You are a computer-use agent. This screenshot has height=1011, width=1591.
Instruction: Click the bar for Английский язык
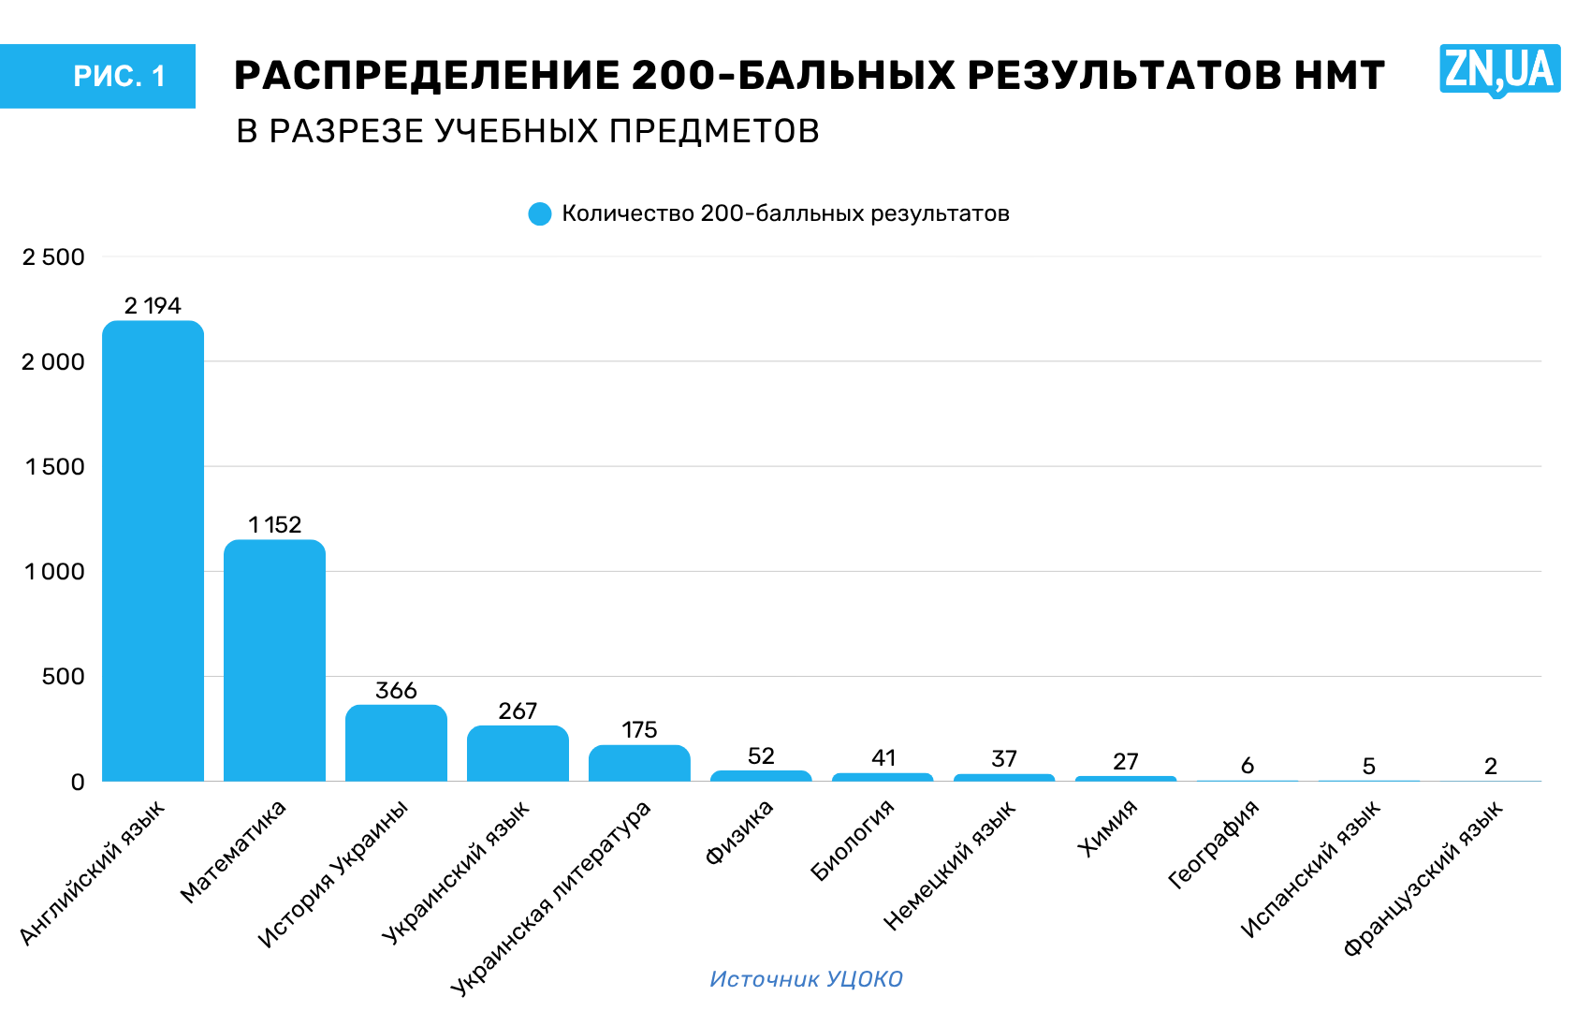(153, 550)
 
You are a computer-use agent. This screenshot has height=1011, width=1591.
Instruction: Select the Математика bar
(274, 660)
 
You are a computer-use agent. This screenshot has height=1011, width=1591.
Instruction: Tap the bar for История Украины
(396, 742)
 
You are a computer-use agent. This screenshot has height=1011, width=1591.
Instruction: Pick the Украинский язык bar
(518, 753)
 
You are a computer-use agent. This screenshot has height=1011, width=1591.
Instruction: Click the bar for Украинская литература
(639, 763)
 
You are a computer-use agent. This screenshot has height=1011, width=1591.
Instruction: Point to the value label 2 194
(153, 305)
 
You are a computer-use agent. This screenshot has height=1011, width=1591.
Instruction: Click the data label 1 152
(275, 524)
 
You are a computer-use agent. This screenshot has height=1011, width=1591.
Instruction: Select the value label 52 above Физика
(761, 756)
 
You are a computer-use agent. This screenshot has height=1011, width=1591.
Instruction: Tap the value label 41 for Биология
(883, 758)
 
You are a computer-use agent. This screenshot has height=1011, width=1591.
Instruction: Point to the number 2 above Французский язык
(1491, 766)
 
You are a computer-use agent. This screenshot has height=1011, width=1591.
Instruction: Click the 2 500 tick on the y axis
(53, 256)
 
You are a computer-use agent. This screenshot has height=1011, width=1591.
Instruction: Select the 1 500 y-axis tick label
(54, 467)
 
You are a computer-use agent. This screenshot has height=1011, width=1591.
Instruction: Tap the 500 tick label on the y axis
(64, 677)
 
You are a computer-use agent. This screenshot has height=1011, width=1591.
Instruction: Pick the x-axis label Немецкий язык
(950, 865)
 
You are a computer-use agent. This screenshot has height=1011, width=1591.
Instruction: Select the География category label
(1214, 843)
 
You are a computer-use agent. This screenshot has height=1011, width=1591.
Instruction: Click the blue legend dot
(540, 213)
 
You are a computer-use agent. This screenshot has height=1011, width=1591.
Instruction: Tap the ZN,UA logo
(1500, 69)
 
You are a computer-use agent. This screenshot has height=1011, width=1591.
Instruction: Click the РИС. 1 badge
(98, 76)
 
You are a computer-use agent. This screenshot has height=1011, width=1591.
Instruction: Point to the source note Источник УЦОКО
(806, 979)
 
